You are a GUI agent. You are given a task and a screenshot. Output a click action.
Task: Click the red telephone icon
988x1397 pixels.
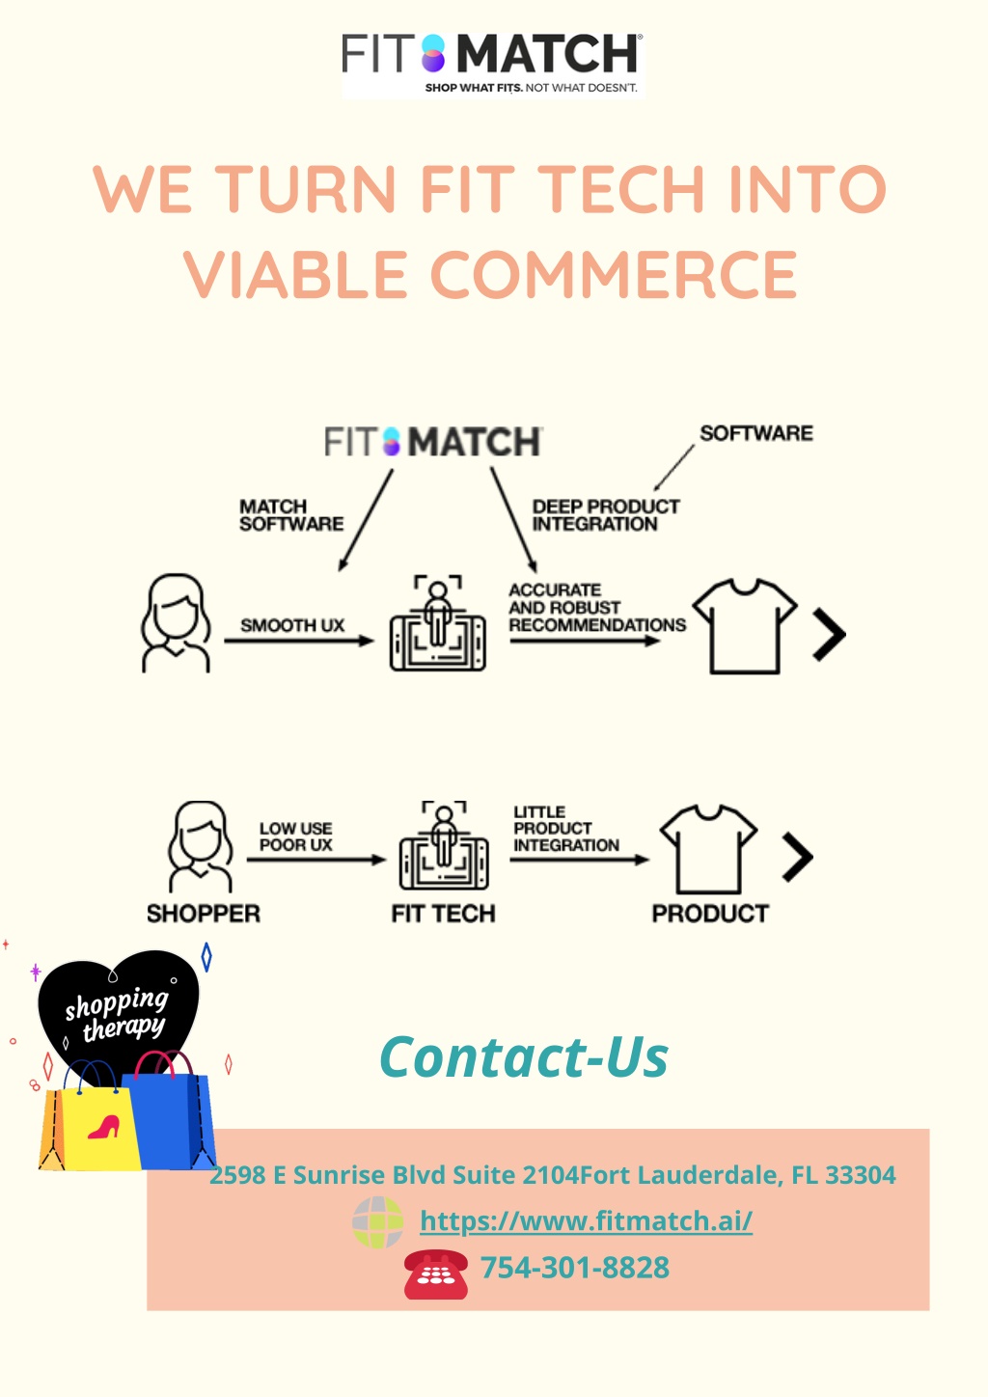[x=435, y=1274]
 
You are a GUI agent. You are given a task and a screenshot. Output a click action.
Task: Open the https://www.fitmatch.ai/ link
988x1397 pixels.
[x=587, y=1221]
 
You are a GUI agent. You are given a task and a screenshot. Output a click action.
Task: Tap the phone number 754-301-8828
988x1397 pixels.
[x=574, y=1268]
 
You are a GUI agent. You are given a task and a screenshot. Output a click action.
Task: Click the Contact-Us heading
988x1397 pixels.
[x=524, y=1057]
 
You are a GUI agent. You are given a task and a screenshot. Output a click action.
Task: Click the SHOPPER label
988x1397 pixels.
[x=204, y=914]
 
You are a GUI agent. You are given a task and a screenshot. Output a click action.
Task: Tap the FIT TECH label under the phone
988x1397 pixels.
[x=444, y=914]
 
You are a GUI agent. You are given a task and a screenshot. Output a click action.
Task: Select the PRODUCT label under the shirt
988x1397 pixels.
[x=710, y=914]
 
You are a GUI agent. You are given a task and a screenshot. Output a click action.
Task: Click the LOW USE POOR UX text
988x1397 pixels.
[x=296, y=836]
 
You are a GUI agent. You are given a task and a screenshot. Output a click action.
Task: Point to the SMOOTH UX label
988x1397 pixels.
[x=292, y=625]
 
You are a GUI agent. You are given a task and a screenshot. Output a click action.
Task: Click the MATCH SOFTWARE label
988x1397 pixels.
[x=291, y=515]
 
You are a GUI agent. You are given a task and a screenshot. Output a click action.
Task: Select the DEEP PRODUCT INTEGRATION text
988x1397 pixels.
[x=606, y=515]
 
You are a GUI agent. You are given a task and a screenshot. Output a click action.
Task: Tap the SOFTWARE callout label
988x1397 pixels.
[x=756, y=433]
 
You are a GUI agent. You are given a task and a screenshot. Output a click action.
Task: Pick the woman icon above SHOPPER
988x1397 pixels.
[x=201, y=846]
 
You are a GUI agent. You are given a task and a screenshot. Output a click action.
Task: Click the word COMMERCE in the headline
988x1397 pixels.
[x=614, y=274]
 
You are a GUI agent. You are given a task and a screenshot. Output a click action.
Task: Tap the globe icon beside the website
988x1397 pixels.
[x=378, y=1221]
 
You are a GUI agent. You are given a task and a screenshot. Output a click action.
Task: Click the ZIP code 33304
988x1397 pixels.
[x=861, y=1175]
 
